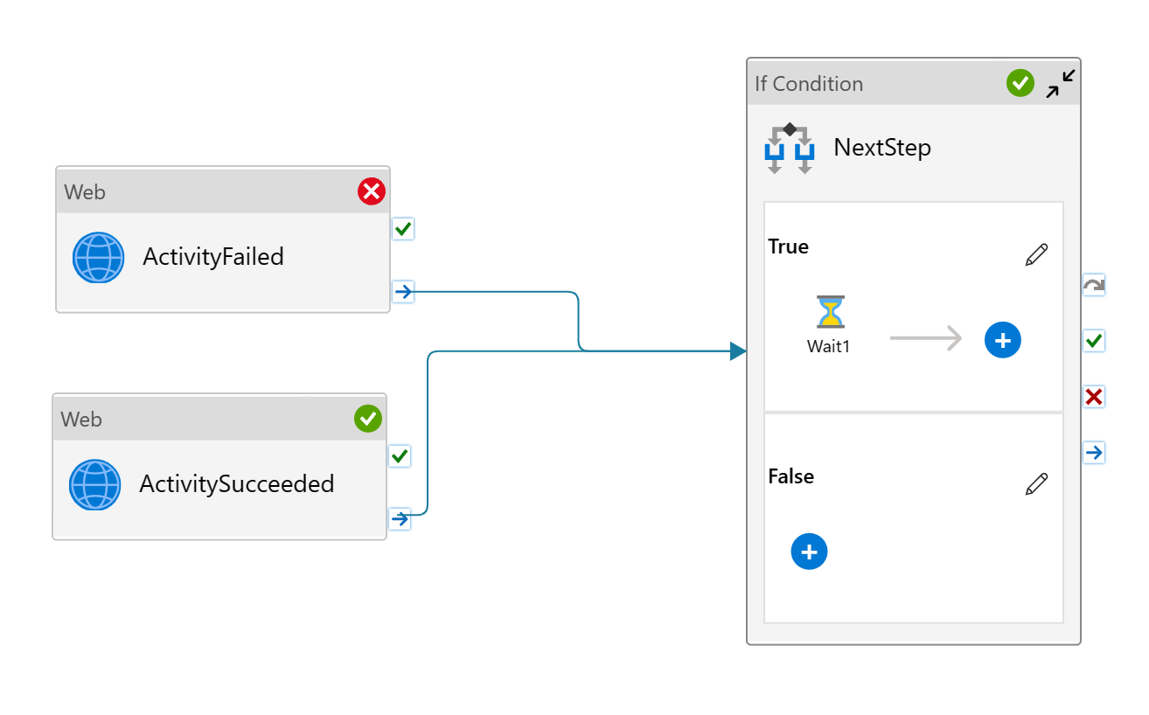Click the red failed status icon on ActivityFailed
click(x=372, y=191)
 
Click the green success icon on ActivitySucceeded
click(x=368, y=419)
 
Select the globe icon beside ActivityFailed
click(x=99, y=257)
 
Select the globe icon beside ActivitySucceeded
click(x=95, y=484)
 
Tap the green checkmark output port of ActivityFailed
click(x=403, y=229)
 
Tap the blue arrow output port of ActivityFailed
click(x=403, y=291)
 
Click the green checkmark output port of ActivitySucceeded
click(x=400, y=456)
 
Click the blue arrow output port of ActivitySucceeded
click(x=400, y=519)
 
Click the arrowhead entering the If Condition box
click(x=738, y=351)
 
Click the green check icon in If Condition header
click(x=1020, y=83)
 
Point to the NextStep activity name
click(x=882, y=147)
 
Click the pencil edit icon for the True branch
click(x=1036, y=255)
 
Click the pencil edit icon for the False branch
click(x=1036, y=484)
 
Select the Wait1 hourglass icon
click(x=829, y=312)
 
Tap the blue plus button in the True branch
click(x=1003, y=340)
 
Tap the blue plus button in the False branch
click(x=809, y=552)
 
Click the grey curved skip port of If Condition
click(x=1094, y=285)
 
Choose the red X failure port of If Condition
click(x=1094, y=397)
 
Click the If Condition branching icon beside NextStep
click(x=790, y=148)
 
